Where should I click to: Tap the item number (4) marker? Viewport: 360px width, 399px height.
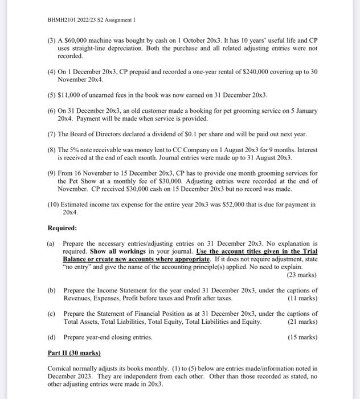[x=52, y=74]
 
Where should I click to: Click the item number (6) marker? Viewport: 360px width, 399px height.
[x=52, y=111]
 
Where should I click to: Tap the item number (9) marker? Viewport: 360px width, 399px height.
[x=52, y=173]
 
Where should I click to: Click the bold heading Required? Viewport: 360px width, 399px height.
[x=62, y=228]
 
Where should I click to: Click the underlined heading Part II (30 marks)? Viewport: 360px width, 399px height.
[x=74, y=353]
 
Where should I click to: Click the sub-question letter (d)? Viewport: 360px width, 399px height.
[x=51, y=337]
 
